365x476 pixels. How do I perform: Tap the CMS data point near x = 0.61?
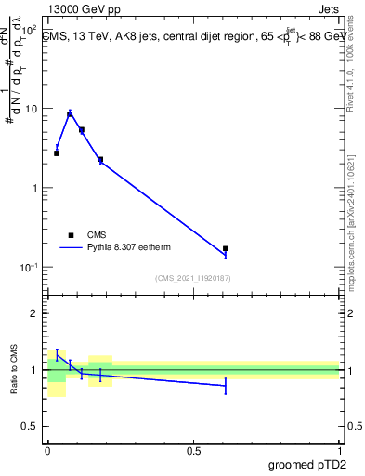point(226,249)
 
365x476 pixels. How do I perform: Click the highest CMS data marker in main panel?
point(70,114)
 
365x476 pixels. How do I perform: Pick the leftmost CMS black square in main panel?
point(57,152)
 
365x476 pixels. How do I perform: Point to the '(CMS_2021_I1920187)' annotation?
point(192,278)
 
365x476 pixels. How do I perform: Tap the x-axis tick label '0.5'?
point(193,451)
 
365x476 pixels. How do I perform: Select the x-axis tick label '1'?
point(339,451)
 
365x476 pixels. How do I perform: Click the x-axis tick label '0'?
point(47,451)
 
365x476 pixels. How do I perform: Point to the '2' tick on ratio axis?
point(34,313)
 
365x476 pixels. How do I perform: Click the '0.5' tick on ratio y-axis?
point(30,427)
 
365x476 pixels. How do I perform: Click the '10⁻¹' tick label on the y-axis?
point(28,267)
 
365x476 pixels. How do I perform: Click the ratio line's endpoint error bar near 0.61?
point(226,386)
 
